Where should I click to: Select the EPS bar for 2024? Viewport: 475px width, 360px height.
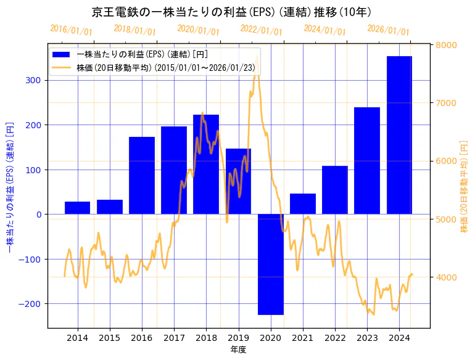click(x=399, y=135)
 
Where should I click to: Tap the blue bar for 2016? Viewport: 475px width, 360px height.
click(x=142, y=176)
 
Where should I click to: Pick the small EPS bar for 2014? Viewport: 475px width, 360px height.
click(x=78, y=208)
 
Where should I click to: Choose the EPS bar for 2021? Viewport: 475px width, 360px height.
click(x=303, y=204)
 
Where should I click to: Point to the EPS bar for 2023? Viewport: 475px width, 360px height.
click(x=367, y=161)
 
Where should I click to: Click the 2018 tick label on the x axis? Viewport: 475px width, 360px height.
click(x=206, y=338)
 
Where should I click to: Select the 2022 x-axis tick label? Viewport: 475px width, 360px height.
click(x=335, y=338)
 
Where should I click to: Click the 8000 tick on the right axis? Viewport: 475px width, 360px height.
click(x=447, y=45)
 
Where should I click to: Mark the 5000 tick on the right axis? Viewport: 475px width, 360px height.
click(x=447, y=219)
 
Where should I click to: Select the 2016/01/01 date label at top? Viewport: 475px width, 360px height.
click(x=72, y=30)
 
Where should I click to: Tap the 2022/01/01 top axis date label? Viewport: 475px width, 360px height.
click(x=262, y=30)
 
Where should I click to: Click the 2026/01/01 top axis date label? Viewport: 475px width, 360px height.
click(x=388, y=30)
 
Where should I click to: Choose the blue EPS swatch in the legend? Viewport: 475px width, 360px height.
click(x=62, y=54)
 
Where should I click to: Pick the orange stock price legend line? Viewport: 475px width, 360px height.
click(x=62, y=68)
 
